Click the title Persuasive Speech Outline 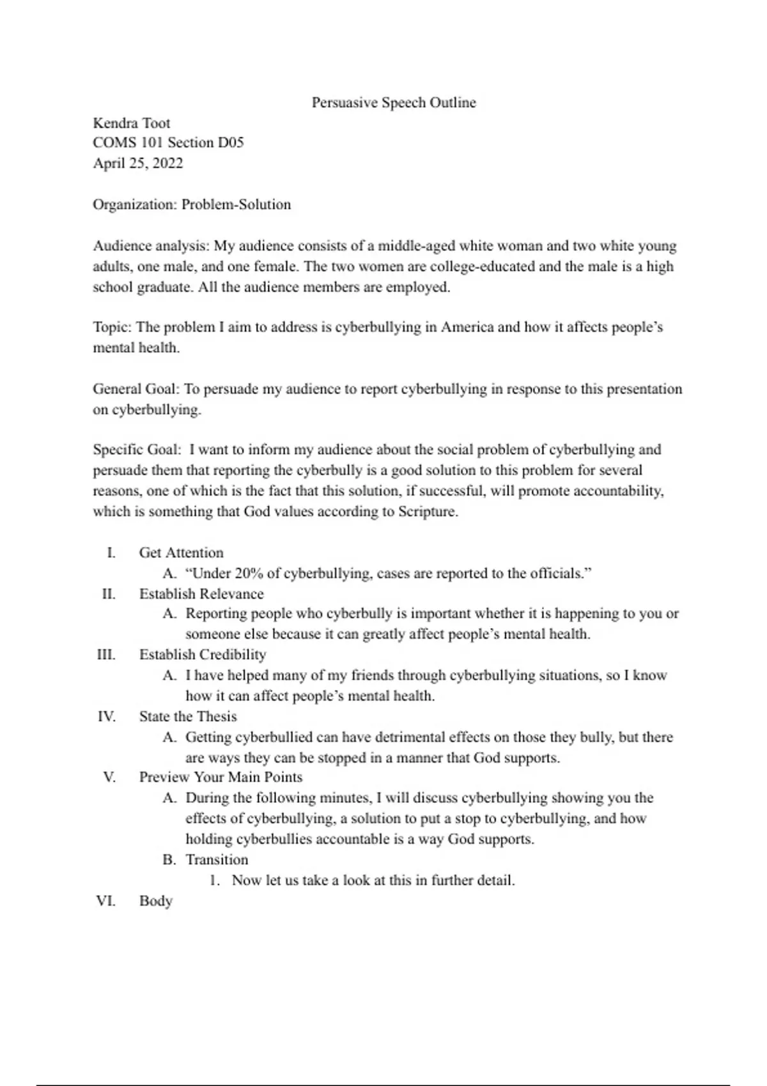(x=394, y=103)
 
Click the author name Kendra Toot (x=132, y=123)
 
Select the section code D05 (x=231, y=143)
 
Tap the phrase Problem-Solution (x=236, y=205)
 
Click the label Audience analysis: (x=151, y=246)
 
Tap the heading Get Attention (x=182, y=553)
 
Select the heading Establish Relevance (x=201, y=594)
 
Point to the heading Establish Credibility (x=203, y=655)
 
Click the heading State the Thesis (x=188, y=717)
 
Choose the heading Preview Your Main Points (x=221, y=777)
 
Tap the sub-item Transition (x=217, y=860)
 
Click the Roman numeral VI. (x=106, y=901)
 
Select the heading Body (x=156, y=901)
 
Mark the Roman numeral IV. (x=106, y=717)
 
